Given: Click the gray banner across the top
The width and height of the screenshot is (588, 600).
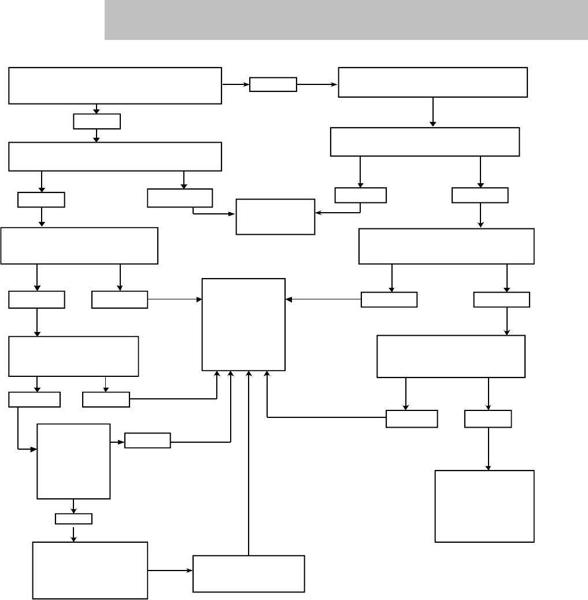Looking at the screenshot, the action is (346, 20).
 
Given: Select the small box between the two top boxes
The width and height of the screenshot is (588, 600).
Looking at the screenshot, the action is (273, 84).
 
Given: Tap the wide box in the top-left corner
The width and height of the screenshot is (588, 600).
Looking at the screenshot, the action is (115, 86).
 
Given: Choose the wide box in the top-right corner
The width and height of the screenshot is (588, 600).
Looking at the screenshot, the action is (432, 82).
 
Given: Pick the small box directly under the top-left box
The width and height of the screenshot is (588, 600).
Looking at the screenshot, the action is (97, 121).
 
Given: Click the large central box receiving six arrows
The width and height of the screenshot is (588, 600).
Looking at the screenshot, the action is (243, 324).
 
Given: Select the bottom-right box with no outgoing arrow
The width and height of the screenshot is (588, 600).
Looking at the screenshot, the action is (484, 506).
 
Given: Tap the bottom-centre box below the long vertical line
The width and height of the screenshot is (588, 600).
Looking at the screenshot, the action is (249, 573).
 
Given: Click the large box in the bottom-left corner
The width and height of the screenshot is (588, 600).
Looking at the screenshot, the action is (90, 570).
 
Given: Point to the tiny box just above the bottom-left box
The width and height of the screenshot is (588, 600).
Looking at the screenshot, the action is (73, 518).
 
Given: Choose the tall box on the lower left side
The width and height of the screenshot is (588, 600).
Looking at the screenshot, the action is (73, 461).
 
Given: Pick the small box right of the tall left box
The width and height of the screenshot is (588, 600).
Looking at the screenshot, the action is (147, 440).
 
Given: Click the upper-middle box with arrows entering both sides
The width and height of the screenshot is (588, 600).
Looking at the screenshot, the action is (275, 217).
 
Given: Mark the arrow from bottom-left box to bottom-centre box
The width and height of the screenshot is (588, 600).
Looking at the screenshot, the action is (170, 571).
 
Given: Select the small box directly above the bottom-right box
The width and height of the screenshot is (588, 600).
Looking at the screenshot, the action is (488, 418).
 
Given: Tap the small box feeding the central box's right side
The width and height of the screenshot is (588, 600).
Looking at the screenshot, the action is (389, 299).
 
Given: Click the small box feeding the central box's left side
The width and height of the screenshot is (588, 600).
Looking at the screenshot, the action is (120, 299).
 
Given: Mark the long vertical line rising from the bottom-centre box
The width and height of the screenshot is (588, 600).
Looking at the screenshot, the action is (249, 462).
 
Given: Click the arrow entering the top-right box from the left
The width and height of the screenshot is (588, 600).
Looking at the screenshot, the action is (317, 84).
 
